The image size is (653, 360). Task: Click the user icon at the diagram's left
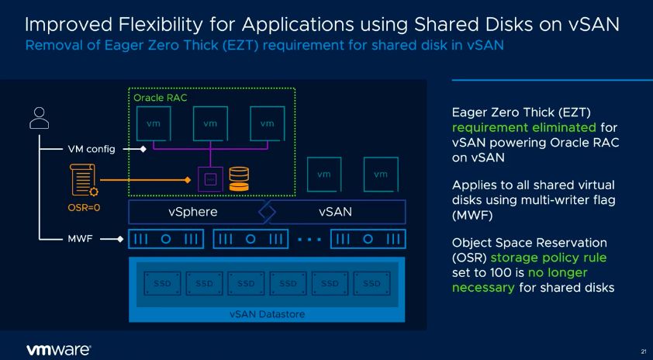coord(38,117)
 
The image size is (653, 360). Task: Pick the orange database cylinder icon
coord(239,179)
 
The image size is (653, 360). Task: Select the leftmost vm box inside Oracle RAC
coord(153,124)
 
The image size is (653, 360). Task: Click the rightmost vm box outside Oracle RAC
coord(380,175)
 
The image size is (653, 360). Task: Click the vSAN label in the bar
coord(337,212)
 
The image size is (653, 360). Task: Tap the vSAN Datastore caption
coord(267,313)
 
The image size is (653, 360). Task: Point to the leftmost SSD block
coord(159,283)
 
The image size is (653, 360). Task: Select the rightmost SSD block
coord(372,283)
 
